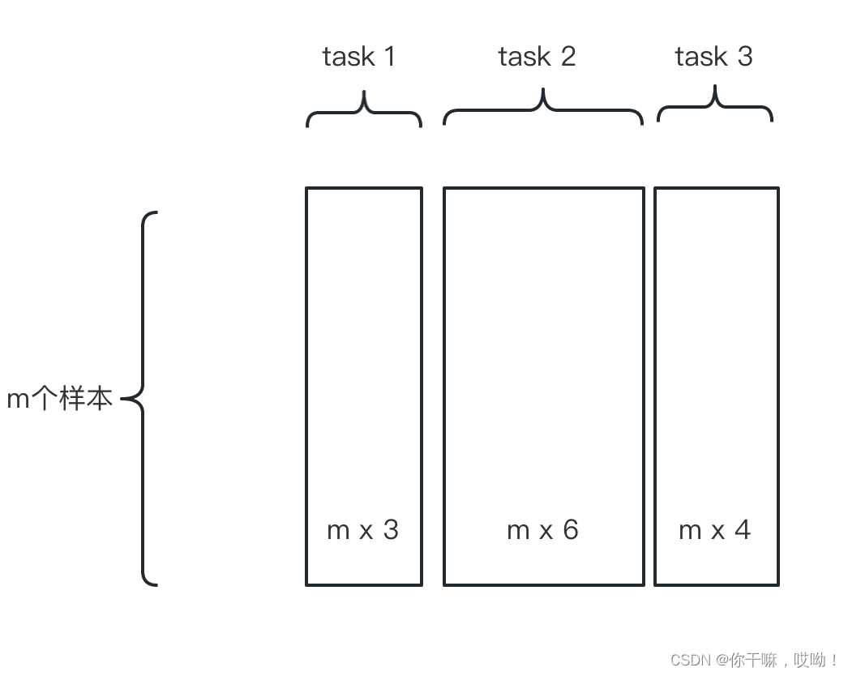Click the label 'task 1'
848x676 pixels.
[358, 57]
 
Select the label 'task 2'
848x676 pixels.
[537, 57]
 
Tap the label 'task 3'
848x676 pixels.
[713, 57]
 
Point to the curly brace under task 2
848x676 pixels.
[543, 110]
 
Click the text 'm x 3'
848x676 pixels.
[362, 530]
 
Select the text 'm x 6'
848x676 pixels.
[542, 530]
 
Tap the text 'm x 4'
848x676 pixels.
[714, 530]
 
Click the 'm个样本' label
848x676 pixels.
[59, 399]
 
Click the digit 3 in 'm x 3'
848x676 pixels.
[391, 530]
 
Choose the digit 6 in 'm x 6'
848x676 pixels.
[571, 530]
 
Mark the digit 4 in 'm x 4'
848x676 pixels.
[743, 530]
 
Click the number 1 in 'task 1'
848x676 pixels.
[388, 57]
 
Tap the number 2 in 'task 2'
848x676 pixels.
[567, 57]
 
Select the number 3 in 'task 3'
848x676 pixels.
[744, 57]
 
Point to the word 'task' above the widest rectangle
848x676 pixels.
[524, 57]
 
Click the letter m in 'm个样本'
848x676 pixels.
[18, 400]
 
